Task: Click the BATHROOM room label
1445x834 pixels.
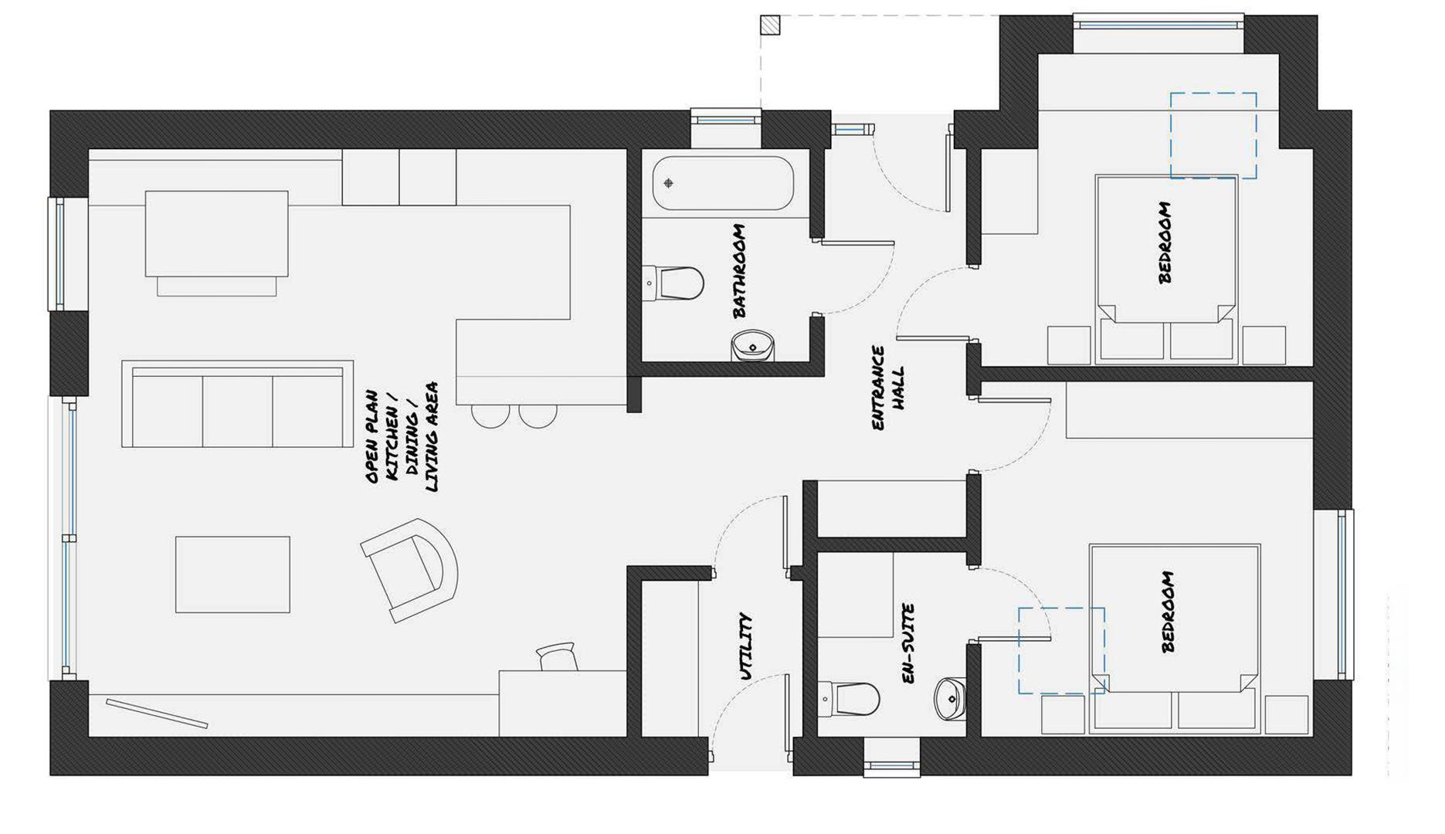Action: pos(739,271)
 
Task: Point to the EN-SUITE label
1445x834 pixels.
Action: pos(908,643)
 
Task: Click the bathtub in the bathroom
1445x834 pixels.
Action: pos(722,183)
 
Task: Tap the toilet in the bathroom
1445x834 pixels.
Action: pos(675,283)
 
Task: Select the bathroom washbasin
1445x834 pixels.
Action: pos(752,346)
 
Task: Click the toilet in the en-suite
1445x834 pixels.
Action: pos(849,699)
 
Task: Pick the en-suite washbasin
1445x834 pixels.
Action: pos(950,698)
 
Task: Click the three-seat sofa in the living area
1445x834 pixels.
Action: pos(237,404)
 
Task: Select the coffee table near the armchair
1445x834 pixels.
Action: pos(232,575)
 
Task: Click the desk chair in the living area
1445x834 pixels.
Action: pos(558,656)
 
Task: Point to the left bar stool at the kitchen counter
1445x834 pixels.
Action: pos(490,415)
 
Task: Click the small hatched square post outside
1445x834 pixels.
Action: pos(770,25)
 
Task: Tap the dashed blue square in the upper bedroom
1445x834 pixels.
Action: pos(1213,136)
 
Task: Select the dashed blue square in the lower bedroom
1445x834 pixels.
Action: pos(1060,650)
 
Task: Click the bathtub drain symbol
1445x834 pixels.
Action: pos(669,183)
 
